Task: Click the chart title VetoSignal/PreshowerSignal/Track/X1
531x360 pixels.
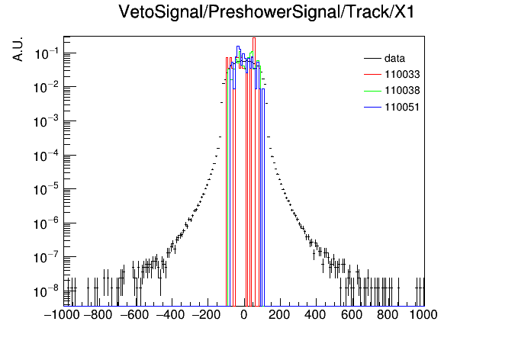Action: coord(266,12)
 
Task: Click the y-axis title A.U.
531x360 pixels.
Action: coord(18,49)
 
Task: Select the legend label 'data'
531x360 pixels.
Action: coord(394,58)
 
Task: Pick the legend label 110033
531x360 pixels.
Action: coord(402,74)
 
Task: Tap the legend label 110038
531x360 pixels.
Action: coord(402,91)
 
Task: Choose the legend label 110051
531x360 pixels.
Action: coord(402,107)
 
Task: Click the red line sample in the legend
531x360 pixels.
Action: coord(372,74)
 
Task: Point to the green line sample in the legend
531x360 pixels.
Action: coord(372,91)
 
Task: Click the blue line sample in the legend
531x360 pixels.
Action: coord(372,108)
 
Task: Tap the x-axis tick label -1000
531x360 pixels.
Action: coord(62,315)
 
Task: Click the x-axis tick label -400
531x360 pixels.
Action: coord(170,315)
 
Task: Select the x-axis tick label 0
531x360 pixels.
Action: coord(244,315)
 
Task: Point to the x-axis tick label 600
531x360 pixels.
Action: coord(352,315)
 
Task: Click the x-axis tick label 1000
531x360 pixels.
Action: coord(423,315)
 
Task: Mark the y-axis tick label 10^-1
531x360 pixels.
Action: coord(47,54)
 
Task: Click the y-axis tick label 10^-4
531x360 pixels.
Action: coord(47,156)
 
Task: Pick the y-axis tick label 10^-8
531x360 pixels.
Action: coord(47,291)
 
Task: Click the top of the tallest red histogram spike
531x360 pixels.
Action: coord(254,38)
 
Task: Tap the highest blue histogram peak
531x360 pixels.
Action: coord(238,47)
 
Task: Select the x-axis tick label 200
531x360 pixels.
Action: coord(279,315)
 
